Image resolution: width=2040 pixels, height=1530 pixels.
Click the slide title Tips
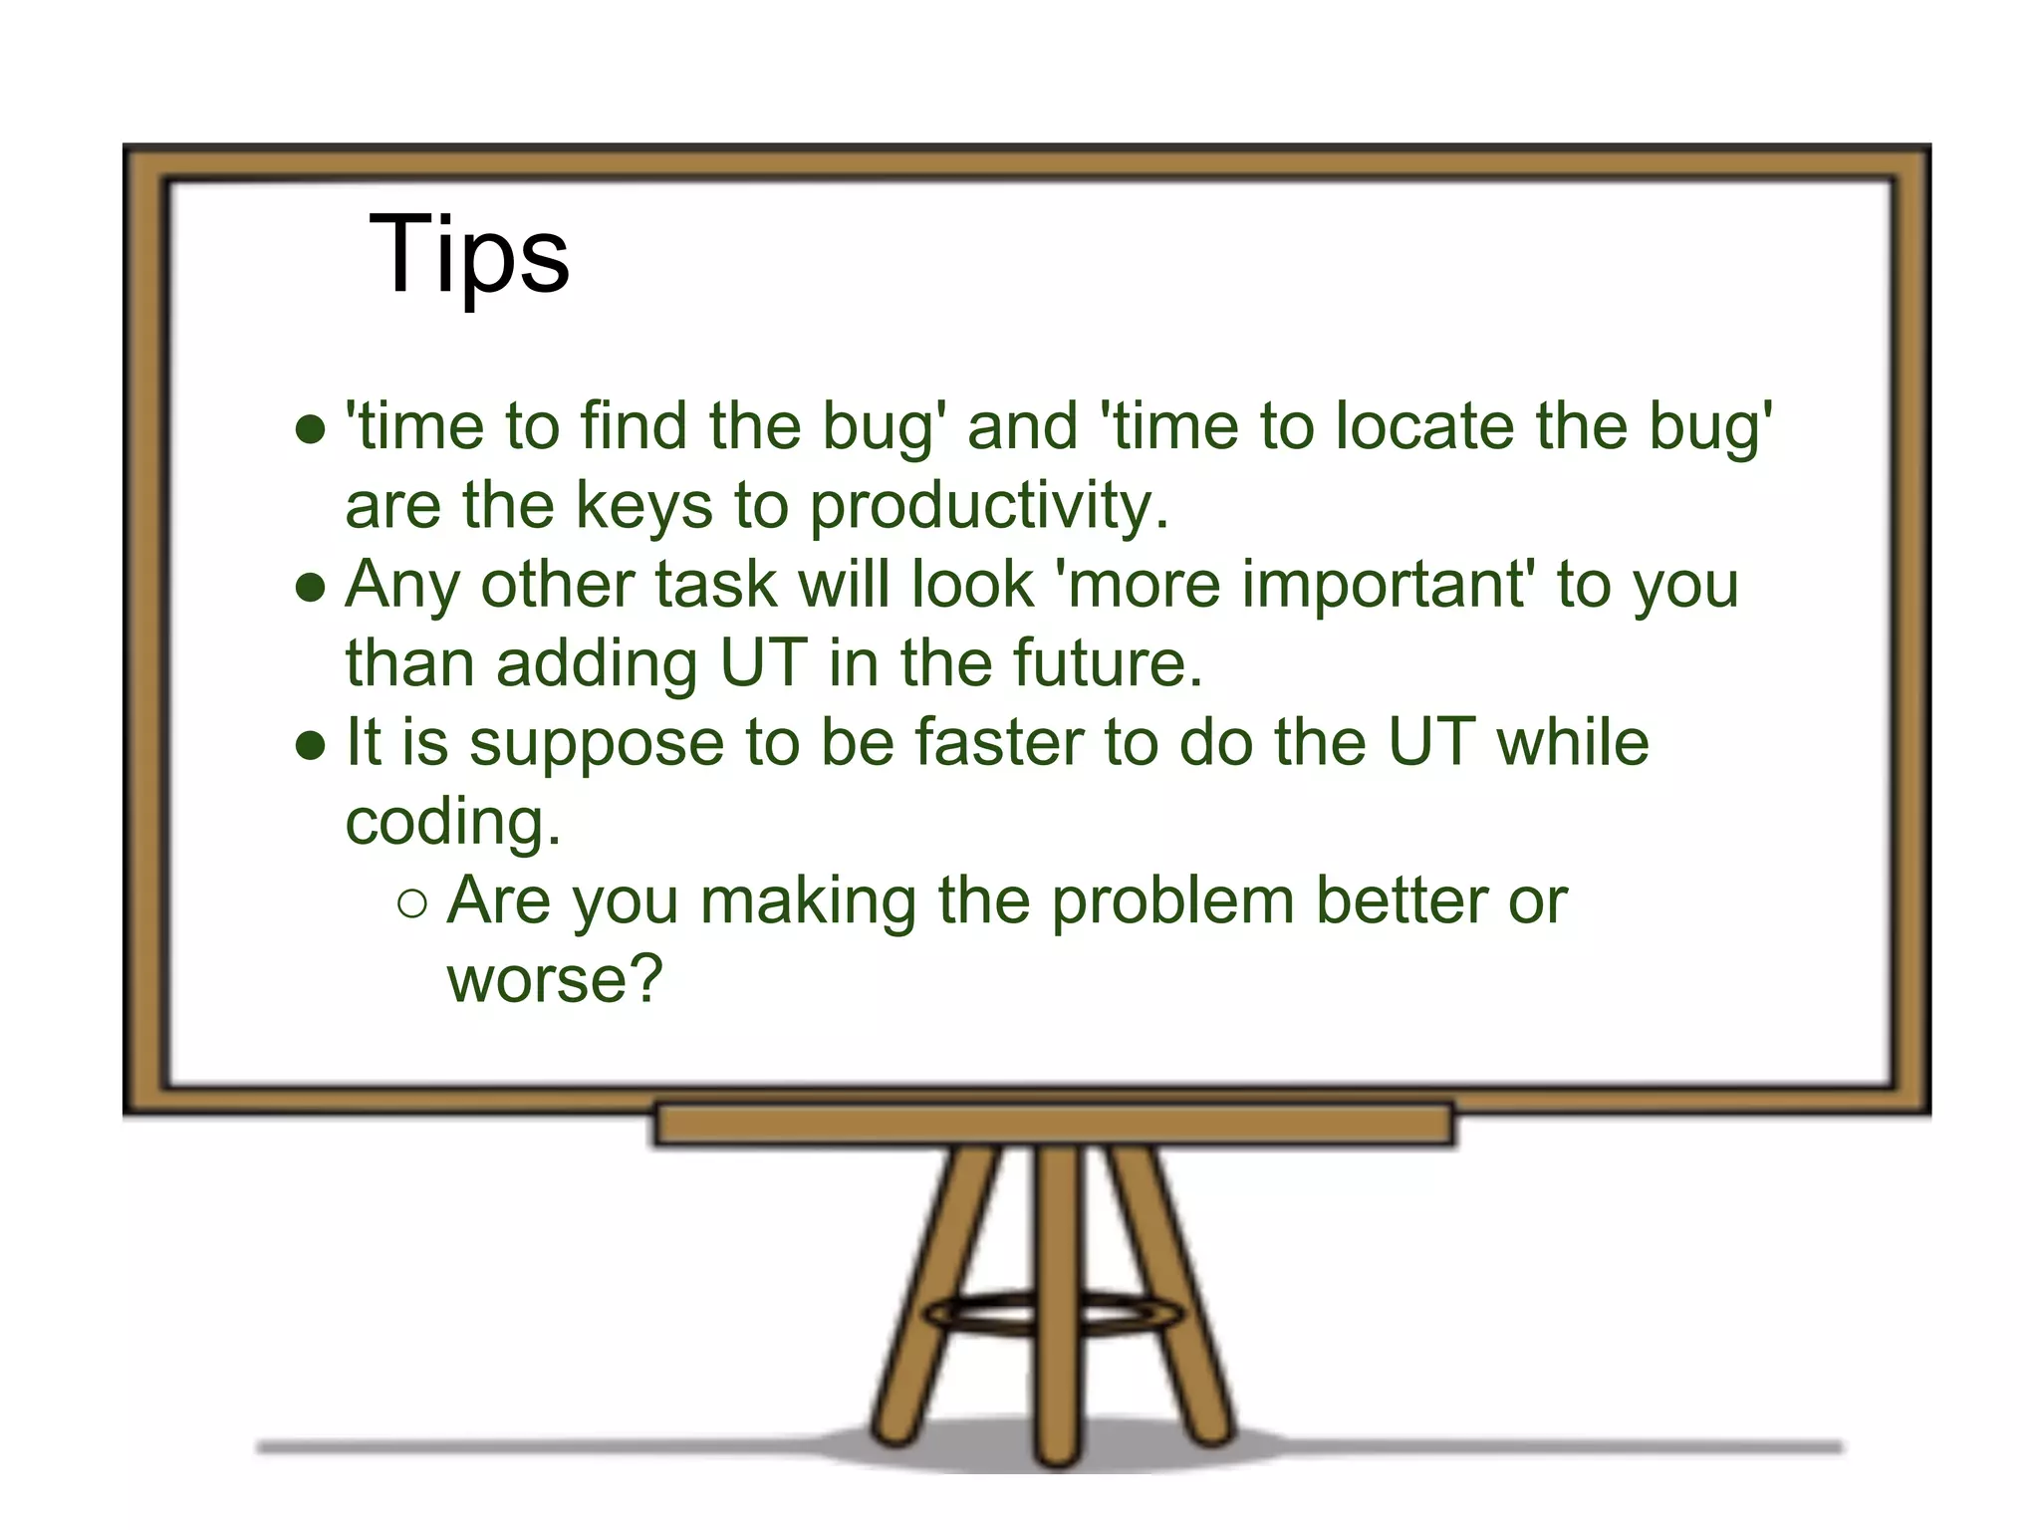tap(468, 255)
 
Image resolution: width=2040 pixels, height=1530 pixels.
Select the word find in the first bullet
tap(634, 426)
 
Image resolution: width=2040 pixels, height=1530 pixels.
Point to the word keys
tap(643, 505)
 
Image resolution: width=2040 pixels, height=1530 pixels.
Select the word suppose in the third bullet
tap(596, 745)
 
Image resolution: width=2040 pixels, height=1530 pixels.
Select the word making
tap(808, 901)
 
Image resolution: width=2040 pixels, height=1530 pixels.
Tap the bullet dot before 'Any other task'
tap(311, 588)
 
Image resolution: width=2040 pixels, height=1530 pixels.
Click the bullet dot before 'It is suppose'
tap(311, 746)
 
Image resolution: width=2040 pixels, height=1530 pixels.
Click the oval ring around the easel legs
tap(1056, 1314)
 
